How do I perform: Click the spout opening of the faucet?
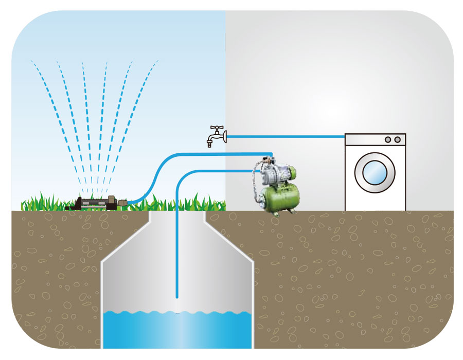pyautogui.click(x=210, y=145)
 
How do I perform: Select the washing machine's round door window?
pyautogui.click(x=375, y=172)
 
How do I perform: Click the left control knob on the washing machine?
pyautogui.click(x=388, y=139)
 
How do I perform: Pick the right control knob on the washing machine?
pyautogui.click(x=397, y=139)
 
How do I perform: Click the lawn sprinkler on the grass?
pyautogui.click(x=95, y=203)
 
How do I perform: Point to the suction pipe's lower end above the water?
pyautogui.click(x=177, y=295)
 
